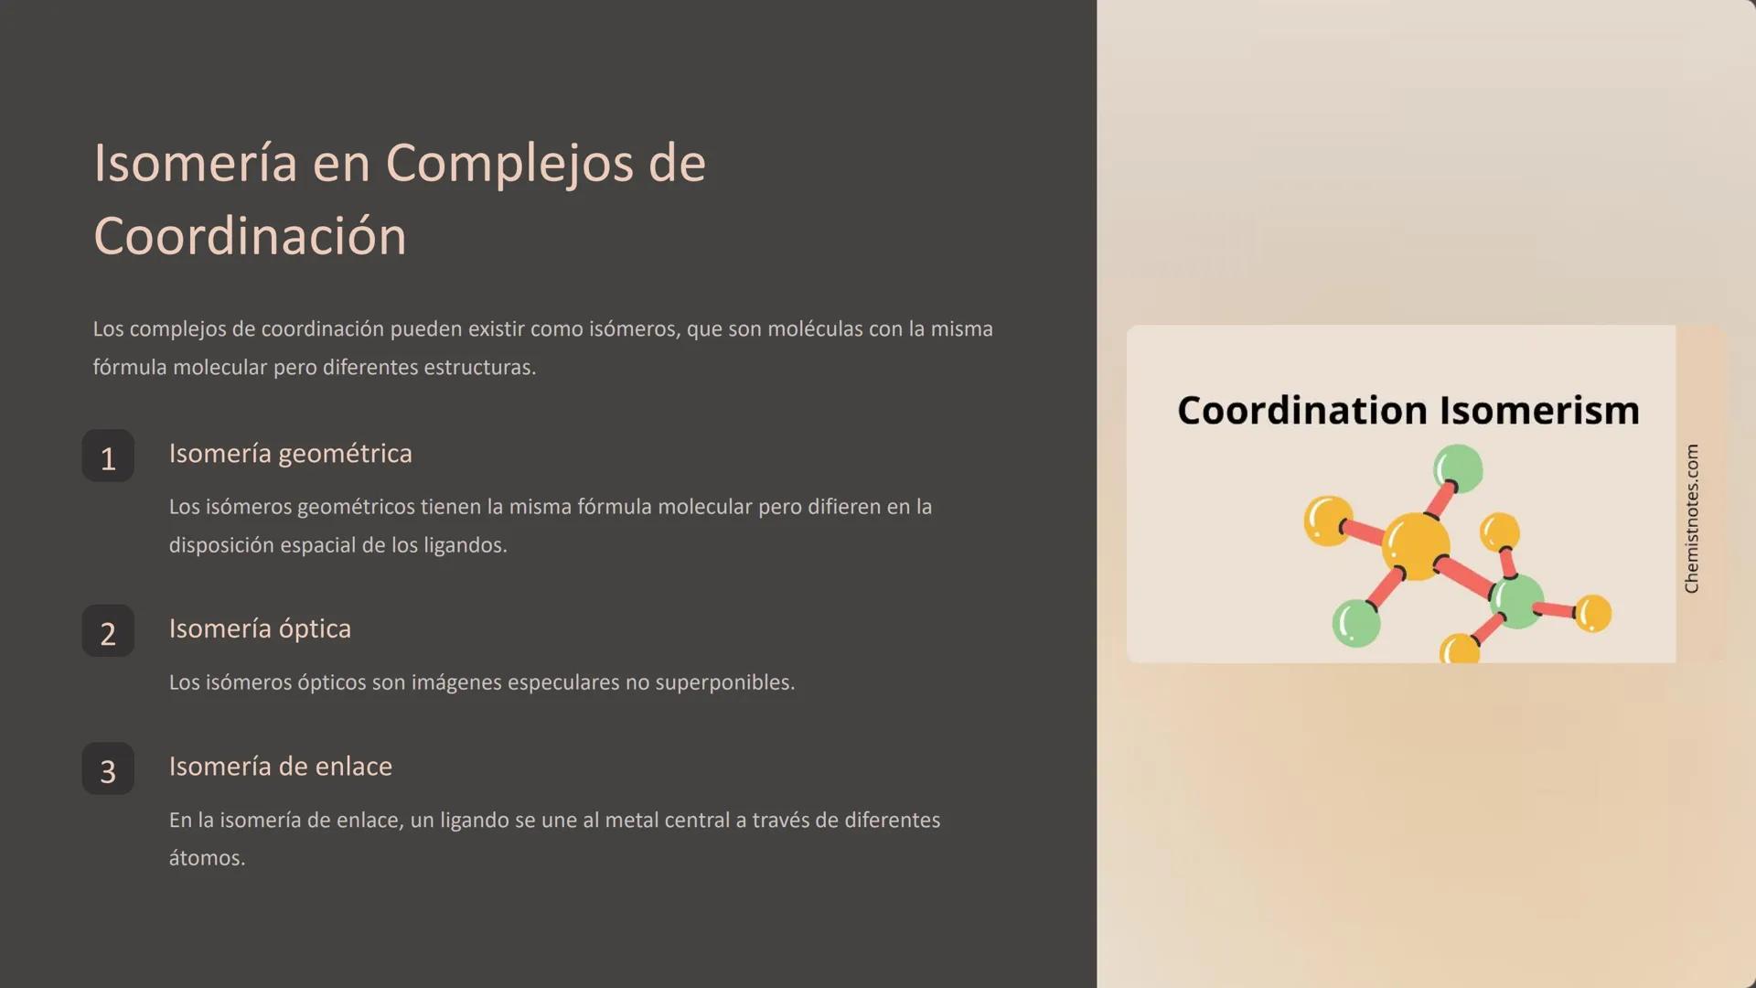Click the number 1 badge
108,456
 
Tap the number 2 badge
108,631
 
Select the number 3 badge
108,769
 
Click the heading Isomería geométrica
290,454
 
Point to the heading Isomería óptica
260,629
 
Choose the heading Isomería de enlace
280,767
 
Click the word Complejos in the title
509,165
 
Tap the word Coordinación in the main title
250,237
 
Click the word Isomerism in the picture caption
1539,411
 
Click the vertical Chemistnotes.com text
1691,519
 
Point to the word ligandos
465,545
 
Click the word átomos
207,858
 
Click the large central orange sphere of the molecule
1416,545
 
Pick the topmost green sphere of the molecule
1458,467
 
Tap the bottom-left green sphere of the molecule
1356,623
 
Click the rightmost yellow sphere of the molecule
1592,612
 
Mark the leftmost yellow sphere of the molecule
1328,521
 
